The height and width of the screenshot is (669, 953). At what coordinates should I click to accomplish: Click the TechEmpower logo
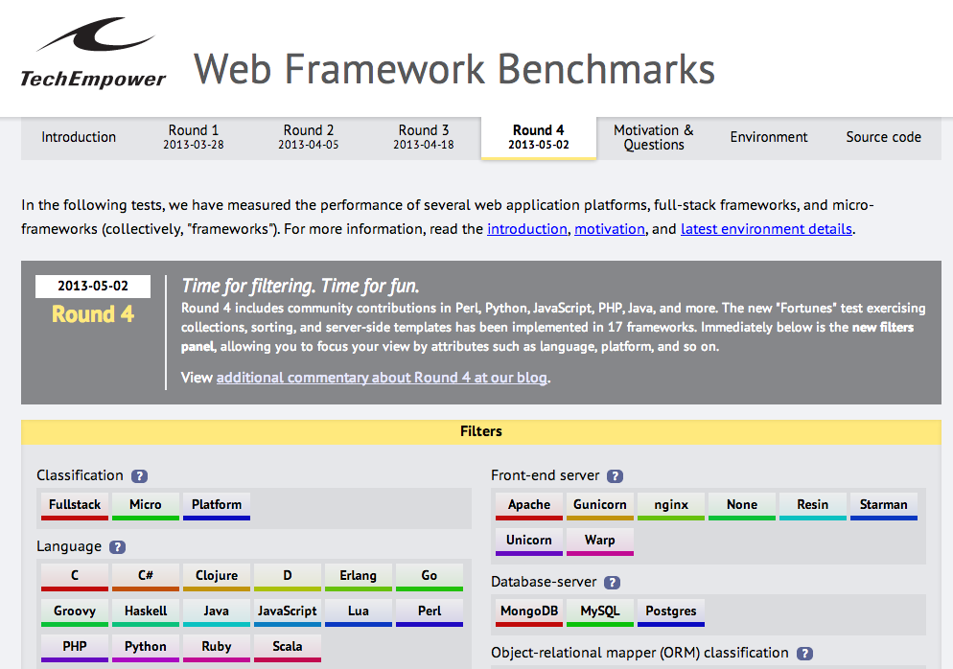click(x=93, y=54)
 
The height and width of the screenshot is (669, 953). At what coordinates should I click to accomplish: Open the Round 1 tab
click(x=194, y=137)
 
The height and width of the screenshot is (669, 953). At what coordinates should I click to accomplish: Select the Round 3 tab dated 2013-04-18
click(x=424, y=137)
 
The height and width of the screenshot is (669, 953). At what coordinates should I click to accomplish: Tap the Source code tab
click(x=883, y=137)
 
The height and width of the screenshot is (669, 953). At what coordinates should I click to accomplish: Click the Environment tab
click(x=769, y=137)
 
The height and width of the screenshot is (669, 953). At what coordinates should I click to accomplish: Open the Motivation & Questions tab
click(x=653, y=137)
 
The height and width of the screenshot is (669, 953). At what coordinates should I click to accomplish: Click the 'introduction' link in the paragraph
click(x=527, y=229)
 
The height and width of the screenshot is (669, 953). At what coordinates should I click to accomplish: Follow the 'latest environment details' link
click(x=766, y=229)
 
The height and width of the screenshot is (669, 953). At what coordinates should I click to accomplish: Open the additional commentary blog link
click(x=382, y=378)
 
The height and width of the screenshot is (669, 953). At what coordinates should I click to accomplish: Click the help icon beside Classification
click(x=140, y=475)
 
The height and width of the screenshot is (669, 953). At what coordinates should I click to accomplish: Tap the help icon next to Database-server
click(x=612, y=582)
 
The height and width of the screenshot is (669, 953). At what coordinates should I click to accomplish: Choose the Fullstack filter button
click(x=75, y=506)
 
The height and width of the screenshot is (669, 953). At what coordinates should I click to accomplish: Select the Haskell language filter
click(x=146, y=612)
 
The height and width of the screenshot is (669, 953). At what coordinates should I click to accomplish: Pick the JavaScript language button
click(x=288, y=612)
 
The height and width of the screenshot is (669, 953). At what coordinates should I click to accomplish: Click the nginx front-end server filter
click(x=671, y=506)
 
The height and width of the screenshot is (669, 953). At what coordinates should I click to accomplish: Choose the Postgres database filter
click(x=671, y=612)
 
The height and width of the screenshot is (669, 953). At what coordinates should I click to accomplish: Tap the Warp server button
click(x=600, y=542)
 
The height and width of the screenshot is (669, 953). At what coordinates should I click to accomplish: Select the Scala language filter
click(x=288, y=648)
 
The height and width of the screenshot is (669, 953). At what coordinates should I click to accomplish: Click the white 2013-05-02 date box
click(x=93, y=287)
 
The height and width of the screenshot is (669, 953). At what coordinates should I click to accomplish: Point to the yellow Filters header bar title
click(x=480, y=431)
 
